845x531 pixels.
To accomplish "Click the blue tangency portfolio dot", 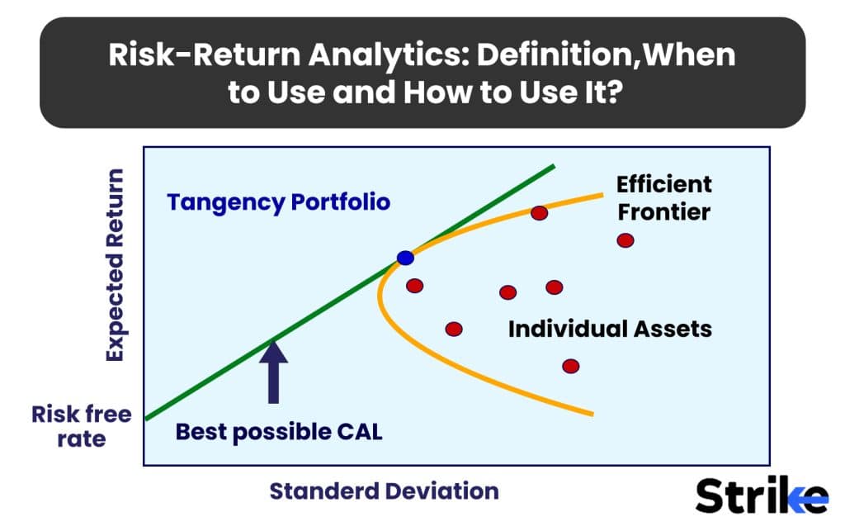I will [x=405, y=258].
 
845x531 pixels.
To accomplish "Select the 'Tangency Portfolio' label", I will [x=278, y=202].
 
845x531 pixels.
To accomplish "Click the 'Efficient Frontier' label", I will [x=664, y=197].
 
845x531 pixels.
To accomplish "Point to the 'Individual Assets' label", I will [x=610, y=329].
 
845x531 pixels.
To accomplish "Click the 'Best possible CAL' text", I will [x=279, y=432].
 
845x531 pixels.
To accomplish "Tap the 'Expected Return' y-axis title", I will [x=115, y=264].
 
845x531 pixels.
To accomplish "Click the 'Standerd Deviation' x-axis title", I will [x=384, y=491].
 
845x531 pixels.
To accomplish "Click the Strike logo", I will [x=761, y=495].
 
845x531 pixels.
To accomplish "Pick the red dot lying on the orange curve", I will [x=539, y=213].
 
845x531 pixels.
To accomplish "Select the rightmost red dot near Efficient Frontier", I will [x=625, y=240].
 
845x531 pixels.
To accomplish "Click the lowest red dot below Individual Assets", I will [x=570, y=366].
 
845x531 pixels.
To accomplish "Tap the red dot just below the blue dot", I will [x=415, y=286].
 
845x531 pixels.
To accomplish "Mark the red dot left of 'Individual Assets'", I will [x=454, y=329].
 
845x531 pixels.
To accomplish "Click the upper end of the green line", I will [x=553, y=166].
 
